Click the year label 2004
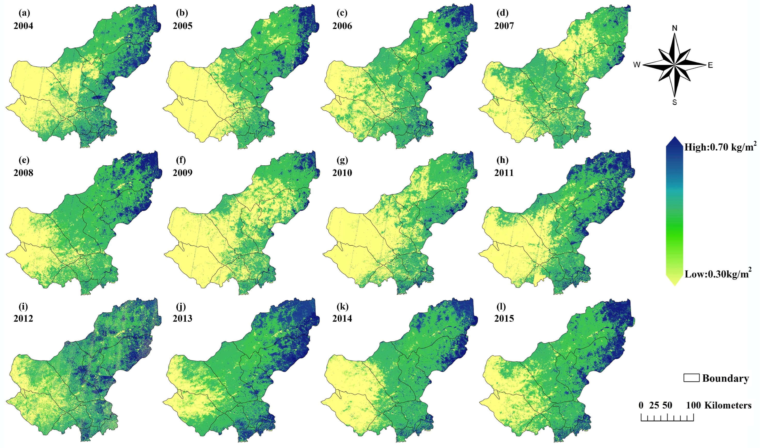pos(23,26)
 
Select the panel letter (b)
pos(182,13)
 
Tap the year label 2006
pos(342,26)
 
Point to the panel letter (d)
pos(502,13)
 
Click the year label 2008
pos(23,173)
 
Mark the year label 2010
pos(342,173)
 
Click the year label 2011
pos(504,173)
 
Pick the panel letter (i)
pos(23,306)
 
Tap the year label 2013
pos(182,319)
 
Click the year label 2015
pos(504,319)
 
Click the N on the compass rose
pos(674,28)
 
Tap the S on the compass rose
pos(674,103)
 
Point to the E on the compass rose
pos(710,65)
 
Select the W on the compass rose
pos(637,65)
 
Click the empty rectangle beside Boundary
pos(691,378)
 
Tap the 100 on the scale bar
pos(693,406)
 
